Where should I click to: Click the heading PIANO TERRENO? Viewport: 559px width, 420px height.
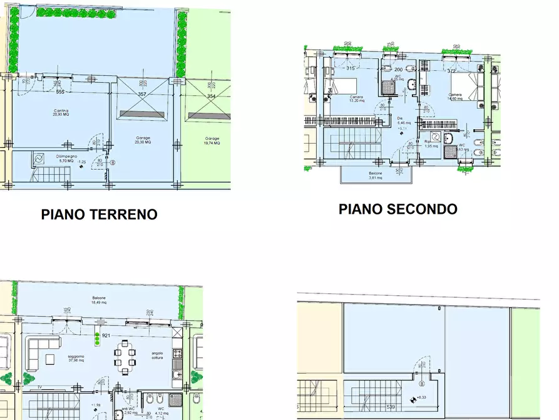(99, 214)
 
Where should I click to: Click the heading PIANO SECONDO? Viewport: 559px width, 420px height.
(397, 209)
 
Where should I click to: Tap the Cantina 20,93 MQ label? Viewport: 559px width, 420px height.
(61, 113)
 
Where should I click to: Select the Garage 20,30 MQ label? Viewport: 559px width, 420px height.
(143, 140)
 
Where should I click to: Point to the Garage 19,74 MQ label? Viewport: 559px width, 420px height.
(212, 140)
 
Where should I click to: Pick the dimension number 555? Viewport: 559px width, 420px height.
(60, 92)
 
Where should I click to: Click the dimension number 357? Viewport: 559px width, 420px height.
(142, 95)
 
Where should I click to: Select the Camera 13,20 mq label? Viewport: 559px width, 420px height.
(357, 98)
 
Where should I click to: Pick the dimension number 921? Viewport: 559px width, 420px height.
(106, 335)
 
